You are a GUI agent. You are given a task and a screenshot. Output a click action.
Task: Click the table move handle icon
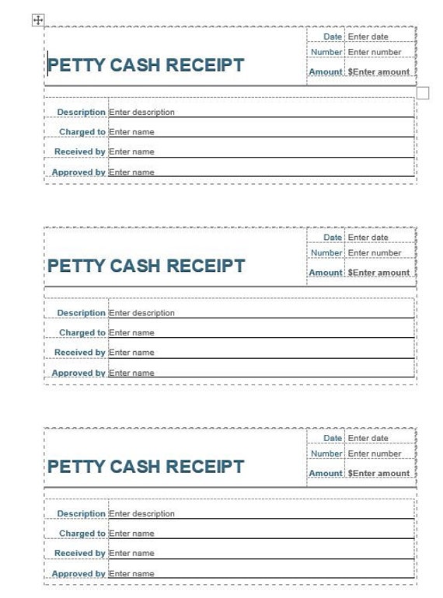(x=38, y=20)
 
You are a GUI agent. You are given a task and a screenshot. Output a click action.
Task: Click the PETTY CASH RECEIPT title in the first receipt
(x=146, y=65)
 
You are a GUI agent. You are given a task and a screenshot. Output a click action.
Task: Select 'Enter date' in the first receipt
(x=368, y=37)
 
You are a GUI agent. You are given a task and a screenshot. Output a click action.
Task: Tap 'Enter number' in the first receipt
(x=375, y=52)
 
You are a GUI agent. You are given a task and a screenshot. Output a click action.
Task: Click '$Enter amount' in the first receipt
(x=378, y=71)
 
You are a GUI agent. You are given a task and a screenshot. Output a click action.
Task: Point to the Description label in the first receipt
(x=81, y=112)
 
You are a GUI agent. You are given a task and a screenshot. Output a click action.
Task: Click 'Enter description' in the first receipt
(x=142, y=112)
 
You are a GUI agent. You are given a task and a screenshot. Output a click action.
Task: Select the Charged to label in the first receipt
(x=82, y=132)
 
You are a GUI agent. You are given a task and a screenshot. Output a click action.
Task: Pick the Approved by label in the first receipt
(x=78, y=172)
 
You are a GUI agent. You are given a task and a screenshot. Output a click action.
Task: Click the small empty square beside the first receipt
(x=423, y=93)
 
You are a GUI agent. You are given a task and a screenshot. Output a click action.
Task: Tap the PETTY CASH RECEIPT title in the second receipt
(x=146, y=266)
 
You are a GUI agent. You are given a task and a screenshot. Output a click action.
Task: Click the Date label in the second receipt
(x=333, y=237)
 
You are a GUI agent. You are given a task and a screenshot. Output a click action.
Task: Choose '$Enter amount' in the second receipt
(x=378, y=273)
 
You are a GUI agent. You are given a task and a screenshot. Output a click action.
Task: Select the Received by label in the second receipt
(x=79, y=353)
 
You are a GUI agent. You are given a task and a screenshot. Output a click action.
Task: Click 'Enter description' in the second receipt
(x=142, y=313)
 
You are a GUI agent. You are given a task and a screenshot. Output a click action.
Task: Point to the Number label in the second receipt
(x=326, y=252)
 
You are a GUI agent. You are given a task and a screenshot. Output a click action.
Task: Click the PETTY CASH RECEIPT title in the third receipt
(x=146, y=467)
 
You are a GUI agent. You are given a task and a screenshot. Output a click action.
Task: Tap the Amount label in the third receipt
(x=326, y=473)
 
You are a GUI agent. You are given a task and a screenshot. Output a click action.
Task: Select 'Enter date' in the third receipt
(x=368, y=438)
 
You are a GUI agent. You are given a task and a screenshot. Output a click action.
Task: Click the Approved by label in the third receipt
(x=78, y=574)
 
